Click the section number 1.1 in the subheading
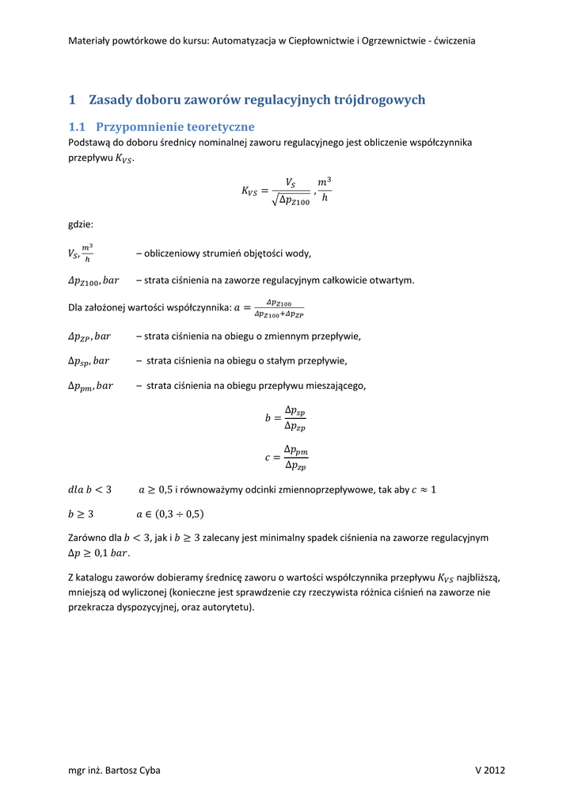click(x=76, y=127)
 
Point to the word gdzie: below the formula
click(x=81, y=225)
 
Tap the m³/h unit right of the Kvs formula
click(x=325, y=190)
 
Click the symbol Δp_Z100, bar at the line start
click(x=93, y=280)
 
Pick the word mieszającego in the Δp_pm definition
click(x=338, y=386)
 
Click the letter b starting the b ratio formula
click(x=268, y=417)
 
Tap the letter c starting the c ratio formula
click(x=268, y=458)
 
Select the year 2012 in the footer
click(x=495, y=771)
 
